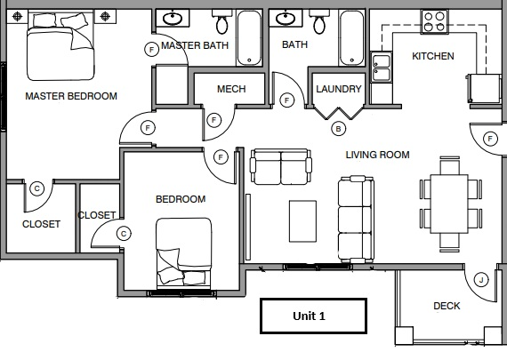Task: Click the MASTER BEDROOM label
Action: point(71,96)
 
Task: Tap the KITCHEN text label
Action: point(432,57)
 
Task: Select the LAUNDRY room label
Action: point(338,89)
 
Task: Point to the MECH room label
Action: point(231,89)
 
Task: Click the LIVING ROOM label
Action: point(377,155)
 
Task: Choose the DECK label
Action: point(447,307)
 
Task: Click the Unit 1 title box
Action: point(310,316)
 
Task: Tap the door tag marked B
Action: point(337,129)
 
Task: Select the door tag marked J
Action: point(481,280)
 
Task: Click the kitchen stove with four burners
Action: point(435,21)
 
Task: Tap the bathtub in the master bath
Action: point(249,38)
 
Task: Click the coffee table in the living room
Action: point(302,220)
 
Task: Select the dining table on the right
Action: point(450,203)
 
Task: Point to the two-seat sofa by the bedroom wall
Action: point(280,166)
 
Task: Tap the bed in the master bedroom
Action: point(60,49)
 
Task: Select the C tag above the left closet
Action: point(36,188)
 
